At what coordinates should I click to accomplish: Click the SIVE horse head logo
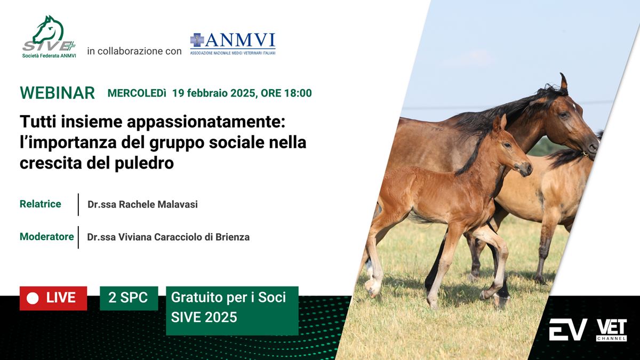coord(49,37)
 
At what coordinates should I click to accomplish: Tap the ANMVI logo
coord(233,44)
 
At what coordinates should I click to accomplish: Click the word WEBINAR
coord(58,93)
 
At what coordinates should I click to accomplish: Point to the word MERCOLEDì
coord(137,93)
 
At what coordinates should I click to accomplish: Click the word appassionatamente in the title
coord(206,122)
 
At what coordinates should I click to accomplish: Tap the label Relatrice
coord(41,204)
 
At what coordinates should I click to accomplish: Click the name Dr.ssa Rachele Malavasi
coord(142,204)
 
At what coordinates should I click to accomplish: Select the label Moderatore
coord(47,237)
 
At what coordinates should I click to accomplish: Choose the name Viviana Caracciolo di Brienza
coord(184,237)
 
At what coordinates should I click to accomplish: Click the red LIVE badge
coord(53,298)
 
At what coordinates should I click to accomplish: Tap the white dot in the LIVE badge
coord(33,299)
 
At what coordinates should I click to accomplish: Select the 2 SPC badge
coord(129,298)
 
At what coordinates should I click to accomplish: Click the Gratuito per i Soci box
coord(233,310)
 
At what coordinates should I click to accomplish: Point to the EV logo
coord(568,330)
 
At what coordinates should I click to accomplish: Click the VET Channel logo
coord(611,330)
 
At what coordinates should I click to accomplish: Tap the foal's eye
coord(507,145)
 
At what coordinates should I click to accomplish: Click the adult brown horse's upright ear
coord(563,82)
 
